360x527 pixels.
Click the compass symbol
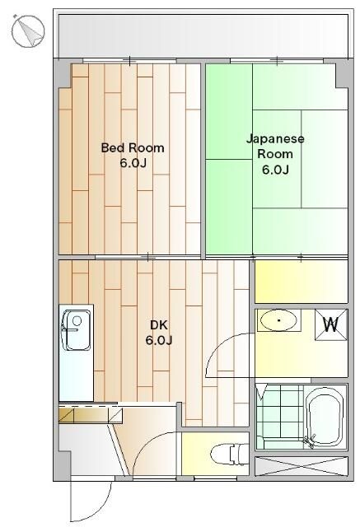(28, 31)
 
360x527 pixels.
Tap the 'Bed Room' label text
(133, 148)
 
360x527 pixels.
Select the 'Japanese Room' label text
(275, 147)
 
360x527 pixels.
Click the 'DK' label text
(159, 325)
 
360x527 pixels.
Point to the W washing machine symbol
(331, 324)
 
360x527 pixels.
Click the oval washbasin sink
(278, 320)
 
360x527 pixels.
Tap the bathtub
(325, 417)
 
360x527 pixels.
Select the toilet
(229, 455)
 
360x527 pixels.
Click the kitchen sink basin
(77, 330)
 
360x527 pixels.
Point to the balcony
(203, 35)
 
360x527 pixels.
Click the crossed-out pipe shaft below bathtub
(302, 466)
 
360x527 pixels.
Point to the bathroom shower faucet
(310, 441)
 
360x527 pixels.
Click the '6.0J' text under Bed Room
(133, 163)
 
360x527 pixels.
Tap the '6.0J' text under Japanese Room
(275, 170)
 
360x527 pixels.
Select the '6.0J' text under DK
(159, 340)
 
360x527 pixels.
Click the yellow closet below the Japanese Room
(302, 282)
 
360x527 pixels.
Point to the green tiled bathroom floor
(279, 417)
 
